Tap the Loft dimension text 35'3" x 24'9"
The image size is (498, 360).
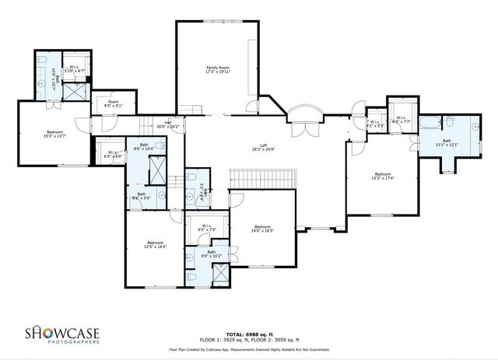pyautogui.click(x=268, y=149)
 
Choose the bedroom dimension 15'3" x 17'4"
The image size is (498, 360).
pyautogui.click(x=383, y=178)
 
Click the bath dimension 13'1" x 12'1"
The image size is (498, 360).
pyautogui.click(x=447, y=145)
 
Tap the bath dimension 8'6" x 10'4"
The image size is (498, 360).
pyautogui.click(x=145, y=148)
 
